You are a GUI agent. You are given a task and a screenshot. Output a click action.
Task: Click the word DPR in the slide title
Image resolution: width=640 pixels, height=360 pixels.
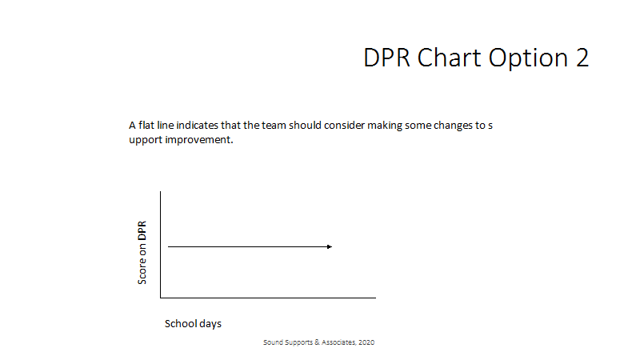[386, 58]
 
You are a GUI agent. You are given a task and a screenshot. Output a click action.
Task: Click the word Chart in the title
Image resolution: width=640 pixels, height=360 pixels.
[449, 58]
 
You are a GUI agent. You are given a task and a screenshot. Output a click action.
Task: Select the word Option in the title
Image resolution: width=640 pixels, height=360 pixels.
[528, 59]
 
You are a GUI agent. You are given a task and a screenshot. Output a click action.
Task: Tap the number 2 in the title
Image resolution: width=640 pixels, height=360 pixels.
[582, 58]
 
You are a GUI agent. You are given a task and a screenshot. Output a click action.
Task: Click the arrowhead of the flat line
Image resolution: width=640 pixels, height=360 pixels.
[330, 246]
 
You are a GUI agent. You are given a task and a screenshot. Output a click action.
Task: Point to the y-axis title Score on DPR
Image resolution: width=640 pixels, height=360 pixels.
[142, 253]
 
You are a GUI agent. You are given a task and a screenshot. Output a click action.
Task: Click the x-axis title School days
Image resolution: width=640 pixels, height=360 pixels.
[193, 324]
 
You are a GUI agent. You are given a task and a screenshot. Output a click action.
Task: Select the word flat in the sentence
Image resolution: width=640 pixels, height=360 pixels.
[146, 125]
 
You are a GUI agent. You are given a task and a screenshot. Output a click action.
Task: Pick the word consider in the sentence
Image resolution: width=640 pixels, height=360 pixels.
[344, 125]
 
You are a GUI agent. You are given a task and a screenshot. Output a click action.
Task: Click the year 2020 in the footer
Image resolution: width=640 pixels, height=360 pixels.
[366, 342]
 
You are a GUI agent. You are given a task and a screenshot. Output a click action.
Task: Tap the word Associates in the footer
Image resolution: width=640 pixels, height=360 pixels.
[339, 342]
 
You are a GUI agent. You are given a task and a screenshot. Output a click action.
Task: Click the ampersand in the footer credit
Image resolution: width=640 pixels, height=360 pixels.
[317, 342]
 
